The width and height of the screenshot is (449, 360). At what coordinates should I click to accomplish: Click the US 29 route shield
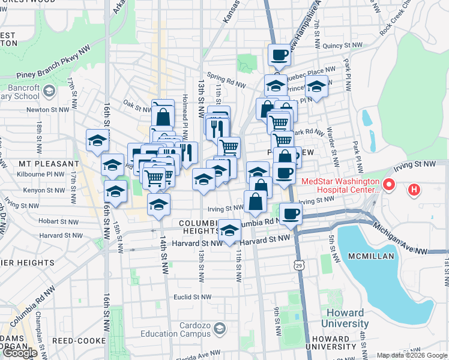(298, 265)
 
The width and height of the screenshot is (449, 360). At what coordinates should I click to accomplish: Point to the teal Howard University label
(345, 319)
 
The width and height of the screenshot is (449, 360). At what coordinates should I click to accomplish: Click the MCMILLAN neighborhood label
(371, 256)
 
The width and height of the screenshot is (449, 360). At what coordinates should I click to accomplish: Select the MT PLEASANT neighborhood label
(49, 163)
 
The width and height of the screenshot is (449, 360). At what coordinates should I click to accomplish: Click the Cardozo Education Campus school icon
(220, 328)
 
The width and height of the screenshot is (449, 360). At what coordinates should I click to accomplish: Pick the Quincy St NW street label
(342, 46)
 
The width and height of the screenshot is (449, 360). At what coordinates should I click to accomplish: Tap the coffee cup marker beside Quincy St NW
(279, 55)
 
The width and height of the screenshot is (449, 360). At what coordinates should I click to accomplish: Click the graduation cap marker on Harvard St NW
(229, 230)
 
